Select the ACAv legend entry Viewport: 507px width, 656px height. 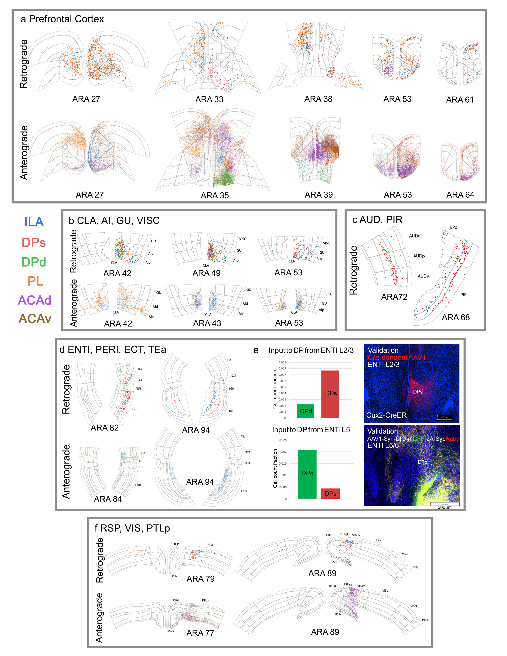point(35,319)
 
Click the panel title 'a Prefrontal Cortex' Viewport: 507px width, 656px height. point(62,19)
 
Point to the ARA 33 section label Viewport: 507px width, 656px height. point(209,99)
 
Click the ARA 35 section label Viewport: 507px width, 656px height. point(215,196)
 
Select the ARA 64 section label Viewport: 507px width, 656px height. point(460,195)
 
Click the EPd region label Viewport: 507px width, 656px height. point(453,227)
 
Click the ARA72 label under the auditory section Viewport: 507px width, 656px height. point(394,297)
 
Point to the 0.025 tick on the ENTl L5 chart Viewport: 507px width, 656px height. point(283,440)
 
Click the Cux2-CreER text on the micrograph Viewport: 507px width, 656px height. point(386,415)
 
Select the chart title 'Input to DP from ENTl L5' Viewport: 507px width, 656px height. point(311,430)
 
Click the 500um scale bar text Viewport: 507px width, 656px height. point(445,507)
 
